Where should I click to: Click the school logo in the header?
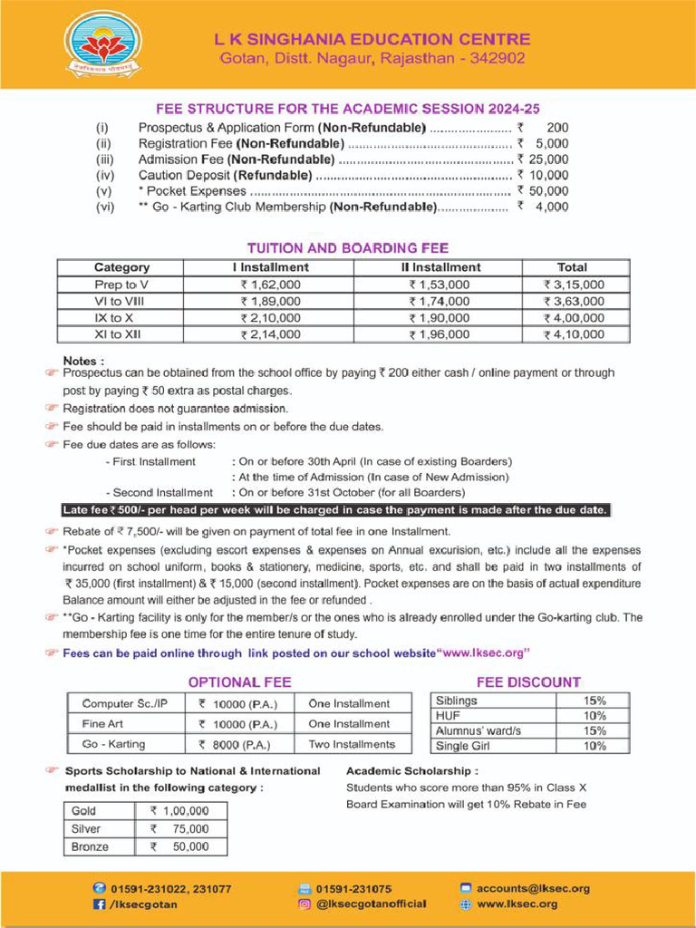102,43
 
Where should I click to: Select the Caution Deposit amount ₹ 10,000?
543,175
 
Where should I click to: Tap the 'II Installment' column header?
440,267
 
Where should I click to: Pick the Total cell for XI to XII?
573,334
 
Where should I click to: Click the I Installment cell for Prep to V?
270,285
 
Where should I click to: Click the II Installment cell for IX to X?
440,318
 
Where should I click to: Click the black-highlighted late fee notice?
334,509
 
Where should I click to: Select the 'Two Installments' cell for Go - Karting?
352,744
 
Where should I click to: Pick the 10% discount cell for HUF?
594,716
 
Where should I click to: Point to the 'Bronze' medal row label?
90,846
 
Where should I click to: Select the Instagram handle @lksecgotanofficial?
371,904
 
